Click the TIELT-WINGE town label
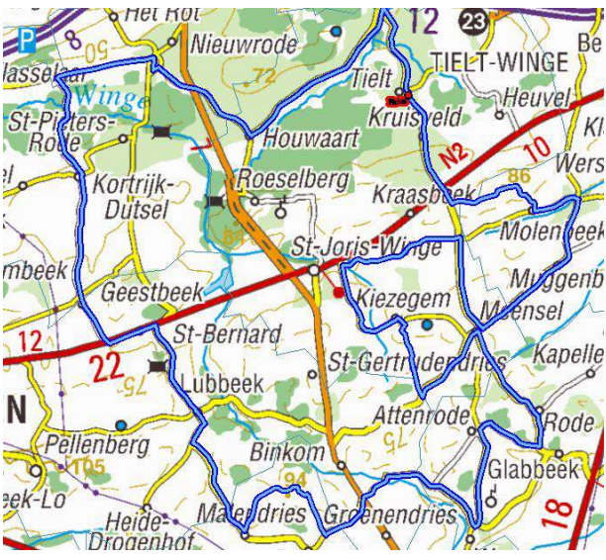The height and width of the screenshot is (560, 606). [x=499, y=62]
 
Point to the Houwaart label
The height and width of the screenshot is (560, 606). [x=310, y=140]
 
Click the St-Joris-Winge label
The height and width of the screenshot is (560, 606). [x=367, y=247]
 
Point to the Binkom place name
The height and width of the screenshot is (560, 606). [x=288, y=452]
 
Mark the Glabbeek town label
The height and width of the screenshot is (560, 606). [x=532, y=469]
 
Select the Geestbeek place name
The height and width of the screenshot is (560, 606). [x=151, y=292]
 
